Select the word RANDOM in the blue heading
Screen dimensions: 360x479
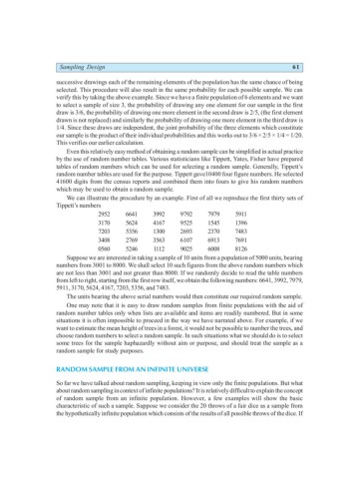43,396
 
